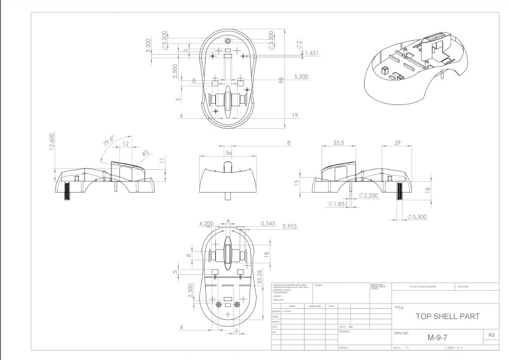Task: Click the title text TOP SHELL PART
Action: [x=442, y=315]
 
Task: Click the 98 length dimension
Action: [x=281, y=80]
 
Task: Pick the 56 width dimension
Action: [x=229, y=153]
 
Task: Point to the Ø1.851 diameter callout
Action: [x=338, y=205]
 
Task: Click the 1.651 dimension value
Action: [x=311, y=53]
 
